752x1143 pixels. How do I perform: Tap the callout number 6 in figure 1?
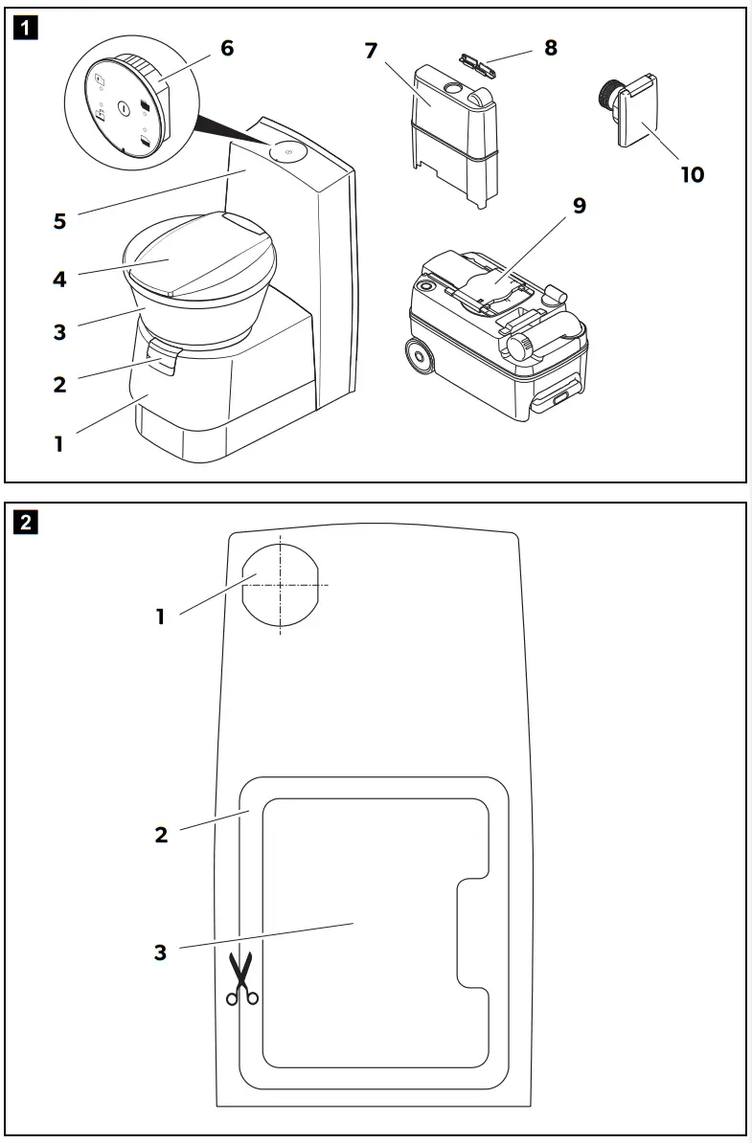coord(226,47)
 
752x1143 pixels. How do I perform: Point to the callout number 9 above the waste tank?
coord(580,205)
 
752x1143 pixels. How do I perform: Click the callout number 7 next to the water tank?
coord(372,50)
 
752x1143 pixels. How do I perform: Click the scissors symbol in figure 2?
coord(242,978)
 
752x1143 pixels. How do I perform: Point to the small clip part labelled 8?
coord(475,62)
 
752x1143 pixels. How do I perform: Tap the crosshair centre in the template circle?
coord(280,585)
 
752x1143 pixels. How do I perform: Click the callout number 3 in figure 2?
coord(160,952)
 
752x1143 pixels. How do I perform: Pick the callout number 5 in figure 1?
coord(60,221)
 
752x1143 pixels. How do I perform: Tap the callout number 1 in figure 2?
coord(160,616)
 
